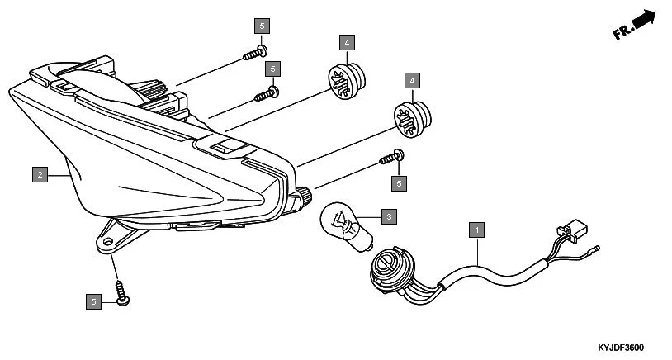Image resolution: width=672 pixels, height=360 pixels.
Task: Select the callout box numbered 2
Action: click(x=39, y=174)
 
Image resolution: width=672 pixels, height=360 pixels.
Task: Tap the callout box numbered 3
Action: click(x=389, y=217)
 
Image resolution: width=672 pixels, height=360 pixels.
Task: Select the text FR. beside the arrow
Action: click(x=622, y=33)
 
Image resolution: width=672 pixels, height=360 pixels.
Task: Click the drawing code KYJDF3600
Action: click(x=621, y=348)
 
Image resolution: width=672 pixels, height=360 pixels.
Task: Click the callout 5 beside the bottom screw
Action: click(x=93, y=301)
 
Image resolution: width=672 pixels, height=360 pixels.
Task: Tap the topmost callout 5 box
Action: click(x=263, y=25)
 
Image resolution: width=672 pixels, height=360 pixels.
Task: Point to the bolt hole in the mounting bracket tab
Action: click(x=106, y=241)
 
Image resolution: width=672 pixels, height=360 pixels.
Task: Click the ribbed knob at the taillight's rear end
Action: click(x=305, y=197)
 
